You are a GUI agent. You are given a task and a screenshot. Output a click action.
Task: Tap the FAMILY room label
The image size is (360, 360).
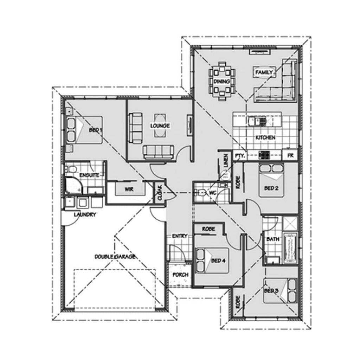tap(264, 72)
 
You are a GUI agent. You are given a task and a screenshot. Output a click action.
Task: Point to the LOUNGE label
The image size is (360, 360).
tap(160, 126)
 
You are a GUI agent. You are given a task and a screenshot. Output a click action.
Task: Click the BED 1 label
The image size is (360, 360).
tap(95, 130)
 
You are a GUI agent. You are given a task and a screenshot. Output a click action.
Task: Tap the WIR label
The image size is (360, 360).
tap(128, 189)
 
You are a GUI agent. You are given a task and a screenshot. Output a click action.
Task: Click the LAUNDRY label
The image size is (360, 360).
tap(85, 214)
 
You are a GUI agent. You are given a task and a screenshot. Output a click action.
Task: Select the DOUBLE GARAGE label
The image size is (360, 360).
tap(115, 257)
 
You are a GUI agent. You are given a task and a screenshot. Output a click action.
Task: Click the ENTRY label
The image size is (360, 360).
tap(180, 236)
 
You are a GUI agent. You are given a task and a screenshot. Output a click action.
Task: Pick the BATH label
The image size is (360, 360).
tap(272, 239)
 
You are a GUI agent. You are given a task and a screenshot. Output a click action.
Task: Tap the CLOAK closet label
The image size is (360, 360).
tap(159, 193)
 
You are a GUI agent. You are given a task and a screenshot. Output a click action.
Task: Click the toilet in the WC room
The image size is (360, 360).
tap(201, 192)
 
